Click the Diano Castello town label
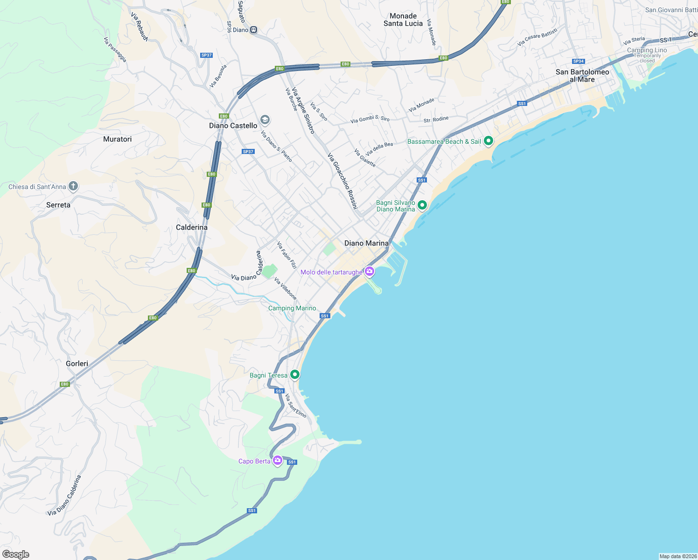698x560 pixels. click(x=233, y=126)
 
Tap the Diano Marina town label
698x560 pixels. click(x=366, y=243)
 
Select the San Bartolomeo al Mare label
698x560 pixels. click(x=582, y=76)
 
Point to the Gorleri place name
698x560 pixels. click(x=77, y=364)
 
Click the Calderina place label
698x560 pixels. click(x=192, y=227)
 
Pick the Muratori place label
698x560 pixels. click(x=117, y=139)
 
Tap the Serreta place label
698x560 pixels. click(x=58, y=205)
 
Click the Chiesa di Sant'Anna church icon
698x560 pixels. click(x=73, y=186)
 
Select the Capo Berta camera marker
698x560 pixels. click(x=278, y=461)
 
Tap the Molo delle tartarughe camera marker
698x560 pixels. click(x=370, y=271)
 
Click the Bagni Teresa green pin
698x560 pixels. click(x=294, y=374)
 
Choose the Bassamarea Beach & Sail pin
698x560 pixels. click(x=489, y=140)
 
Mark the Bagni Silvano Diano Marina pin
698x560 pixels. click(x=422, y=205)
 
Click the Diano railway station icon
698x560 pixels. click(x=253, y=30)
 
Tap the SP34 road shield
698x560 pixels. click(x=579, y=61)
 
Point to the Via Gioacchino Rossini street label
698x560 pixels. click(x=342, y=181)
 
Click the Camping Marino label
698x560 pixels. click(x=292, y=308)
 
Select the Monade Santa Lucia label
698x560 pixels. click(x=403, y=20)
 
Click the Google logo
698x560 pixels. click(x=15, y=554)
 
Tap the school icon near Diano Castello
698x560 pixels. click(x=265, y=120)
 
